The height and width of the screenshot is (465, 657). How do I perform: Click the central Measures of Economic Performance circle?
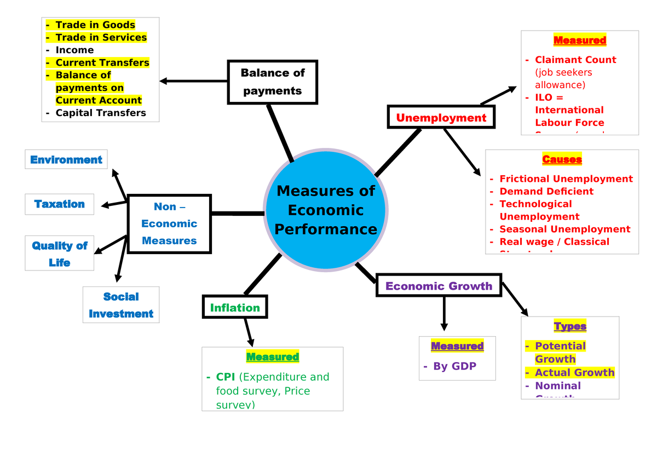click(326, 210)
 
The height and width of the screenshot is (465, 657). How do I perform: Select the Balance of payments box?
click(273, 82)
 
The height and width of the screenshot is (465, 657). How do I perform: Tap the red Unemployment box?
click(441, 118)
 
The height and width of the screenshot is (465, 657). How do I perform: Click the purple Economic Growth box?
click(439, 286)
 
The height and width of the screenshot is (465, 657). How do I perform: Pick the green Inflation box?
click(235, 308)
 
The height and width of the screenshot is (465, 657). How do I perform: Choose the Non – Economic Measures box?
click(169, 223)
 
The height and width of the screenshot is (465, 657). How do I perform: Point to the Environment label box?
click(66, 159)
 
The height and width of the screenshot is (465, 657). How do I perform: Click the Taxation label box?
click(59, 204)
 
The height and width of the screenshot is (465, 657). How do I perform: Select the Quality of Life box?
click(59, 254)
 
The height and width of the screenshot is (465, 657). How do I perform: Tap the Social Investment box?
click(121, 305)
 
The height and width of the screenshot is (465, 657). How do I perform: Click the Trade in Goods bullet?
click(95, 25)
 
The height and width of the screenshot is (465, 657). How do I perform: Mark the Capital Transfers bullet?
click(101, 113)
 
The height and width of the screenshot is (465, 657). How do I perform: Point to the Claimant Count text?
click(575, 60)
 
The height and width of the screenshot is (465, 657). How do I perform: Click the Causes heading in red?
click(562, 159)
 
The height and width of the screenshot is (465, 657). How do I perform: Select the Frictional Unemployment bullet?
click(566, 179)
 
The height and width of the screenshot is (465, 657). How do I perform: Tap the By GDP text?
click(454, 366)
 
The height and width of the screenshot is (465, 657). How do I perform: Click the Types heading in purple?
click(570, 326)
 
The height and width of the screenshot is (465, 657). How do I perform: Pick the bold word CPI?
click(226, 377)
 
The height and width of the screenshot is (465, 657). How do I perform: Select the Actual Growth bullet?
click(574, 372)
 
